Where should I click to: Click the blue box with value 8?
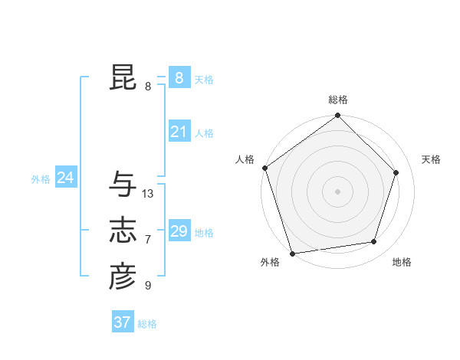pos(179,77)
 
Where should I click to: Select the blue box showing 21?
pos(179,132)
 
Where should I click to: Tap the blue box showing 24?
pos(65,178)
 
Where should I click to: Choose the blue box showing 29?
pos(179,231)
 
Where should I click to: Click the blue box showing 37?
pos(122,322)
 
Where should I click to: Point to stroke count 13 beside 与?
pos(148,194)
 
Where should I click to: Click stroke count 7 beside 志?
pos(148,240)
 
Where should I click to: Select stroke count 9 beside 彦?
pos(148,286)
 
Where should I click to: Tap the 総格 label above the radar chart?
pos(338,100)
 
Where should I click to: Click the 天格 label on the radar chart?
pos(431,159)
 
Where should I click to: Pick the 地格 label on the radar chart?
pos(402,262)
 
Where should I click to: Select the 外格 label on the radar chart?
pos(270,262)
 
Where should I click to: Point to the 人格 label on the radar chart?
pos(245,159)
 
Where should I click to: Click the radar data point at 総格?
pos(338,116)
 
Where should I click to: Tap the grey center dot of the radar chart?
pos(338,191)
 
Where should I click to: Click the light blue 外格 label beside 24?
pos(41,179)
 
